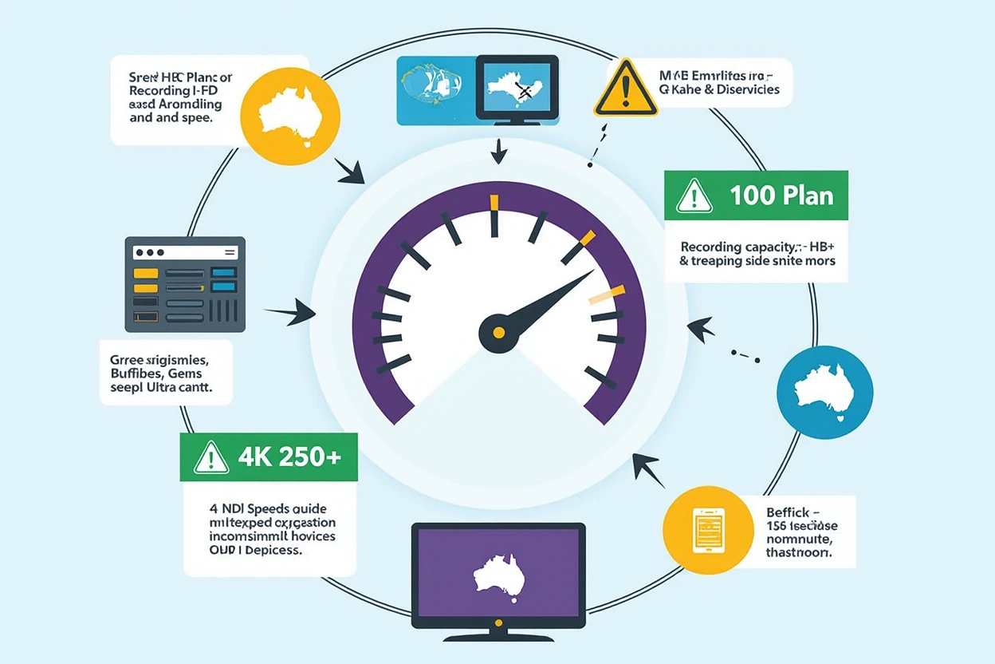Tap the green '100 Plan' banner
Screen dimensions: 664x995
[x=756, y=195]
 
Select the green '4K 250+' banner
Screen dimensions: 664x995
[x=269, y=457]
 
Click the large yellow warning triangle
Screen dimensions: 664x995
[x=626, y=89]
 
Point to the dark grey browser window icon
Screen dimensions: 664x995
[x=185, y=284]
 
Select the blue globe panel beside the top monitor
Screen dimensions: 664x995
[x=435, y=89]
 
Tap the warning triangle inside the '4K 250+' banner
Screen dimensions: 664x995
[x=210, y=458]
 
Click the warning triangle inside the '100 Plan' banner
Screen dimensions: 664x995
[x=694, y=196]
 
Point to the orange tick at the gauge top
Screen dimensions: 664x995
[x=494, y=203]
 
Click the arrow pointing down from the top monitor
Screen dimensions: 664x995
[x=498, y=152]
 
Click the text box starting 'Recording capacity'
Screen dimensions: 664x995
[x=756, y=252]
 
